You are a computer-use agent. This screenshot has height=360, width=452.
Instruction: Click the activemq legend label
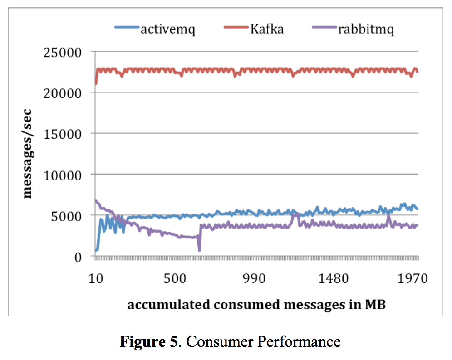click(x=168, y=30)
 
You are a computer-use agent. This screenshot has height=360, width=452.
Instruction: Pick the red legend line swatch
click(x=236, y=29)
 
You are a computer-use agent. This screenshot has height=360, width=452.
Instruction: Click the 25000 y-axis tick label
click(x=63, y=53)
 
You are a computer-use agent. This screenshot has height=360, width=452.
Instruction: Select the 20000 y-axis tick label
click(x=63, y=93)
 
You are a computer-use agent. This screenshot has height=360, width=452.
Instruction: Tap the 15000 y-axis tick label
click(x=63, y=134)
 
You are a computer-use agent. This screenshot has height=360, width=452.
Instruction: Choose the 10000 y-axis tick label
click(x=63, y=175)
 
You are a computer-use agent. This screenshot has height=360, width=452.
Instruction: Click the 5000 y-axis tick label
click(x=66, y=216)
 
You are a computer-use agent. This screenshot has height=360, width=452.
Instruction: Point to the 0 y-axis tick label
click(x=78, y=257)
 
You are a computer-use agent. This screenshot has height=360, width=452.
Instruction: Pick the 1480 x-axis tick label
click(x=333, y=278)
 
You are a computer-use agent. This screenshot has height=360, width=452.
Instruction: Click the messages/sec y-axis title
click(x=28, y=154)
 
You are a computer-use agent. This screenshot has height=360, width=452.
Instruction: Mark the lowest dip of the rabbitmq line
click(x=199, y=250)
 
